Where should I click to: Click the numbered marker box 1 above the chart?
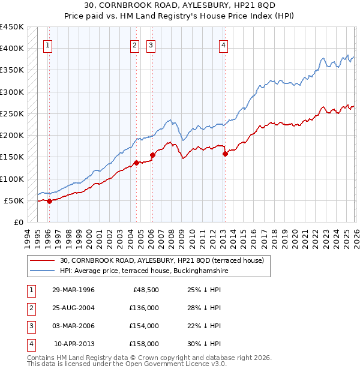(47, 44)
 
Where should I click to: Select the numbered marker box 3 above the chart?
(151, 44)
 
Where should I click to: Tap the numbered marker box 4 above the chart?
(223, 44)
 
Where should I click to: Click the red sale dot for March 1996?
(49, 202)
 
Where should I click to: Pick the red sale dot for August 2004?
(136, 163)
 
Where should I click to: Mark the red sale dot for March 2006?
(152, 155)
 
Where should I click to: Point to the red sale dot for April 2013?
(225, 154)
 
